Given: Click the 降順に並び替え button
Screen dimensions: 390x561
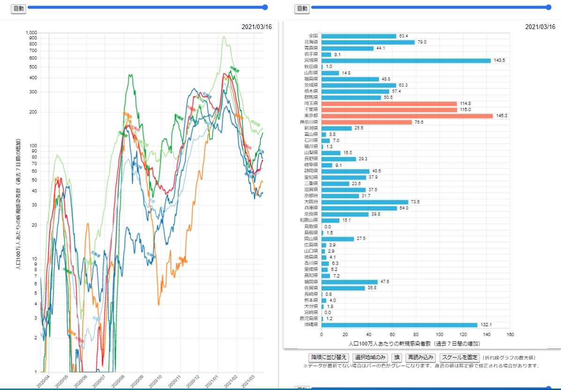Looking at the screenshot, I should click(329, 357).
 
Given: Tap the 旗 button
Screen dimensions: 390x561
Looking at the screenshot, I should click(396, 357).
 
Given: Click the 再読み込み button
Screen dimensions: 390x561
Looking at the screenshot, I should click(421, 357).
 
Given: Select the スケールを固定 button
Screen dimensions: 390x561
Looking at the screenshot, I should click(460, 357).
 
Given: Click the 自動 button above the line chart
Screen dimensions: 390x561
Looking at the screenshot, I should click(18, 8).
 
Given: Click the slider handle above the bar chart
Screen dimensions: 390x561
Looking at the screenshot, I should click(549, 7).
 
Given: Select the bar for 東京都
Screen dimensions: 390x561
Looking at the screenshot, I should click(407, 116).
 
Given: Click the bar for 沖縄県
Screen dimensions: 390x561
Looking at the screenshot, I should click(399, 325).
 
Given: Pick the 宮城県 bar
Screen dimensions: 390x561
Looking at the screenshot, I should click(406, 60).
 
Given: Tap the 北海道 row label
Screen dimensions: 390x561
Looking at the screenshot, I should click(311, 42).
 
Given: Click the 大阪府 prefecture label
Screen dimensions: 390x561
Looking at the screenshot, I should click(311, 202).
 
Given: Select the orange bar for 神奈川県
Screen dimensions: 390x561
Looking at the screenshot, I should click(367, 122).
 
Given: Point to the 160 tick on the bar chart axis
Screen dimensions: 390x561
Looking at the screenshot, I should click(510, 335).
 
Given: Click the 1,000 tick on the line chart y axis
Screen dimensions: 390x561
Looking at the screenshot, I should click(31, 33).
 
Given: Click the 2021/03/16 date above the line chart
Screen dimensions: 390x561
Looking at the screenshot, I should click(257, 27).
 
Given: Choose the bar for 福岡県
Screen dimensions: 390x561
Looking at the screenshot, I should click(350, 282).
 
